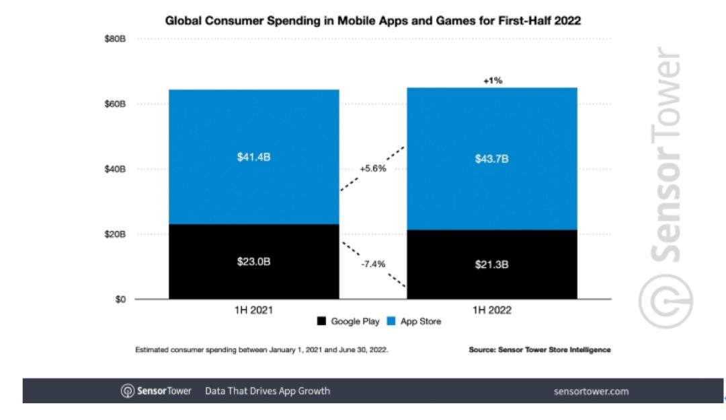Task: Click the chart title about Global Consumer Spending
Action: coord(373,22)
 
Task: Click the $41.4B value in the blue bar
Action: coord(253,157)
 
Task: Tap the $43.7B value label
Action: coord(491,160)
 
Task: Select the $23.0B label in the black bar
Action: coord(253,262)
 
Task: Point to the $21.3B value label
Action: coord(491,265)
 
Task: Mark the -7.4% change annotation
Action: coord(372,264)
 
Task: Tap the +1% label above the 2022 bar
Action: coord(492,81)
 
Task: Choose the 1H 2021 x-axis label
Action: coord(253,311)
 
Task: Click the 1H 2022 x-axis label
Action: coord(491,311)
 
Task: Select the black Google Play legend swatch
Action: coord(322,322)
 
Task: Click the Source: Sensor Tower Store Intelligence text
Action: coord(540,350)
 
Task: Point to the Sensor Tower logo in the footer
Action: coord(155,391)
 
